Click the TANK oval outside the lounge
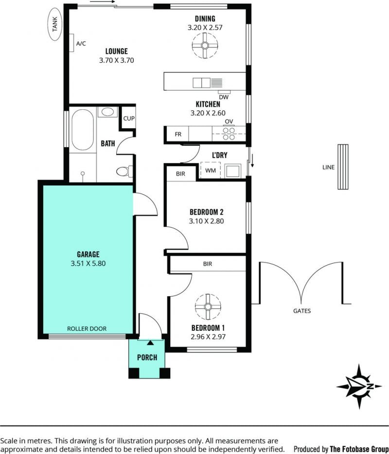55,24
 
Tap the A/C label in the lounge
81,44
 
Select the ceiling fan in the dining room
205,46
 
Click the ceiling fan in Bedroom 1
208,306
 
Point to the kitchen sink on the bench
202,83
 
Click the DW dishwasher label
224,97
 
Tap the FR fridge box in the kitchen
178,134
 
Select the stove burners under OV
229,134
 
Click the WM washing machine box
211,170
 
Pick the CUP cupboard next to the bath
129,118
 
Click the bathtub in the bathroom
83,130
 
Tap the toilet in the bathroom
124,171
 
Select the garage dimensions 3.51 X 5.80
88,264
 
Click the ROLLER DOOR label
87,329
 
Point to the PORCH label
147,357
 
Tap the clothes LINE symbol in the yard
343,167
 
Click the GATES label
302,311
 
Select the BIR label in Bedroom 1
208,264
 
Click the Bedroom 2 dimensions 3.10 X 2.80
206,221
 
